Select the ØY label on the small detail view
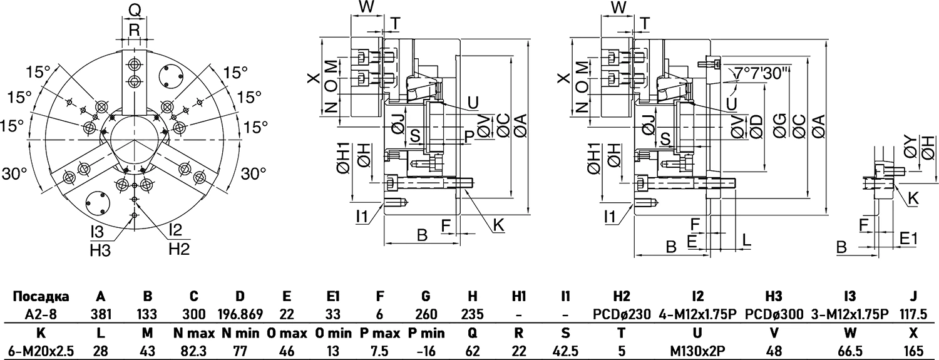coord(911,151)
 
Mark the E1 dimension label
coord(908,239)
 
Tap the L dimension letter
coord(746,240)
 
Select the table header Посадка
coord(41,296)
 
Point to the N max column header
coord(194,333)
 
